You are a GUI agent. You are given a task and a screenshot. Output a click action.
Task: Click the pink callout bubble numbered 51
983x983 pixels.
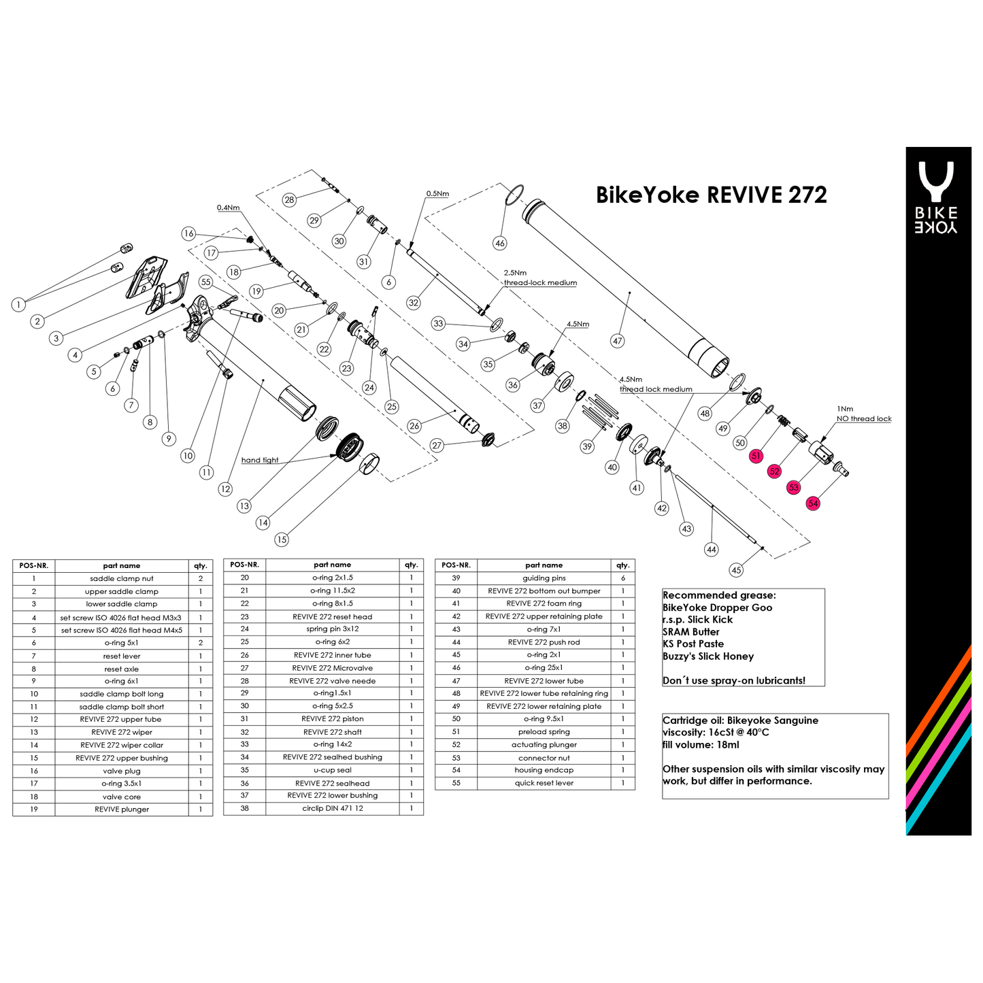pyautogui.click(x=756, y=456)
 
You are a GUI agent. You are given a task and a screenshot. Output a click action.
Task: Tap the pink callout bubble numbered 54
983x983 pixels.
pyautogui.click(x=813, y=503)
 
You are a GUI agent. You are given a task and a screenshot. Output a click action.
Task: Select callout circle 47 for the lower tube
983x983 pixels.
pyautogui.click(x=617, y=341)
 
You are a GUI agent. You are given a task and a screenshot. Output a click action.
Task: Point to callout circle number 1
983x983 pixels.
pyautogui.click(x=19, y=305)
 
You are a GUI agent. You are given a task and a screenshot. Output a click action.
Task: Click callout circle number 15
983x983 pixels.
pyautogui.click(x=282, y=539)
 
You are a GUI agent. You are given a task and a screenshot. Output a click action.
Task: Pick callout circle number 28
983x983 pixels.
pyautogui.click(x=290, y=199)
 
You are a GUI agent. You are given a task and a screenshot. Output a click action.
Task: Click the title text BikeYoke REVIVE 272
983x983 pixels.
pyautogui.click(x=711, y=195)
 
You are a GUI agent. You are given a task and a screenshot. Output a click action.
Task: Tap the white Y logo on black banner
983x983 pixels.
pyautogui.click(x=936, y=180)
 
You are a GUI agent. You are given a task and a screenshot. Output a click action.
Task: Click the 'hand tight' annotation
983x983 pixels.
pyautogui.click(x=260, y=461)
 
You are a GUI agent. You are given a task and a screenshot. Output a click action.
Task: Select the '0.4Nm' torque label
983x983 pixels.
pyautogui.click(x=228, y=207)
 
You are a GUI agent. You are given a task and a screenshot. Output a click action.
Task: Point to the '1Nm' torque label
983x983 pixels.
pyautogui.click(x=845, y=409)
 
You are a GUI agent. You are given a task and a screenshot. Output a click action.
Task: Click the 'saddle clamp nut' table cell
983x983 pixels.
pyautogui.click(x=122, y=579)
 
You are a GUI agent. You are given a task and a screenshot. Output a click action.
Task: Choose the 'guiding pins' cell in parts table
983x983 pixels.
pyautogui.click(x=544, y=578)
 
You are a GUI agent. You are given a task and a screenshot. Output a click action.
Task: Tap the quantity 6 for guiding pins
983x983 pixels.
pyautogui.click(x=622, y=578)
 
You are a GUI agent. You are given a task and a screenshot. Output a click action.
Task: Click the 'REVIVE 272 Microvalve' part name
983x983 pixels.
pyautogui.click(x=333, y=668)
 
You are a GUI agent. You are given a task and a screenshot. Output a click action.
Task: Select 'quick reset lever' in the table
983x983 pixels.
pyautogui.click(x=544, y=783)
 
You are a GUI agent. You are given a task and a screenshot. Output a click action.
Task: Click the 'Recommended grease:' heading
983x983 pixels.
pyautogui.click(x=719, y=595)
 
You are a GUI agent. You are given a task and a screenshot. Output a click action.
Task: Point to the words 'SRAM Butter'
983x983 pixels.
pyautogui.click(x=691, y=632)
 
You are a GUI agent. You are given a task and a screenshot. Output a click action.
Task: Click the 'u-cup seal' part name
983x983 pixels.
pyautogui.click(x=333, y=770)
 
